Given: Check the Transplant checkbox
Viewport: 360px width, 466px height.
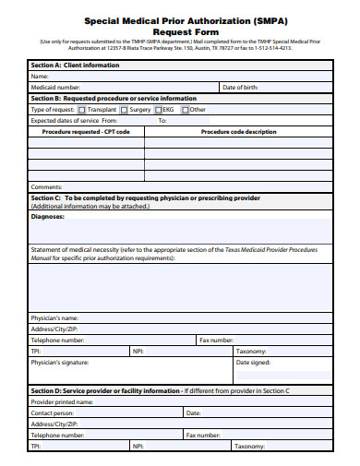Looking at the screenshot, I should click(x=82, y=109).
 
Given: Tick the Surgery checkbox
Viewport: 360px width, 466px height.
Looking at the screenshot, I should click(x=125, y=109).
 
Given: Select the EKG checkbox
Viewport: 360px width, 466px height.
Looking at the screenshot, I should click(x=159, y=109).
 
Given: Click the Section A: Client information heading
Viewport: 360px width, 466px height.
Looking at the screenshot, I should click(x=75, y=66).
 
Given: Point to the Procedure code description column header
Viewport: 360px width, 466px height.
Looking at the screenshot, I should click(x=238, y=131).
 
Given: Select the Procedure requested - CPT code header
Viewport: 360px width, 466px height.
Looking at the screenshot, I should click(x=92, y=131).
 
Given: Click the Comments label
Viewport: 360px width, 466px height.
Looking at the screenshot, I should click(x=46, y=186).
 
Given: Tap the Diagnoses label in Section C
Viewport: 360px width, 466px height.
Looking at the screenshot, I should click(x=48, y=216).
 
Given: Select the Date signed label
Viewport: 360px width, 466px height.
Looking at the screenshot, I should click(x=254, y=362).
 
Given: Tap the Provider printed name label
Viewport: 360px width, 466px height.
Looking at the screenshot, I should click(x=62, y=401).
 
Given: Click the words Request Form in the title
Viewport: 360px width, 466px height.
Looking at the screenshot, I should click(x=179, y=30).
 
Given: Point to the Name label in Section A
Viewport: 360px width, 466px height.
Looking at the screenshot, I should click(x=40, y=76).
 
